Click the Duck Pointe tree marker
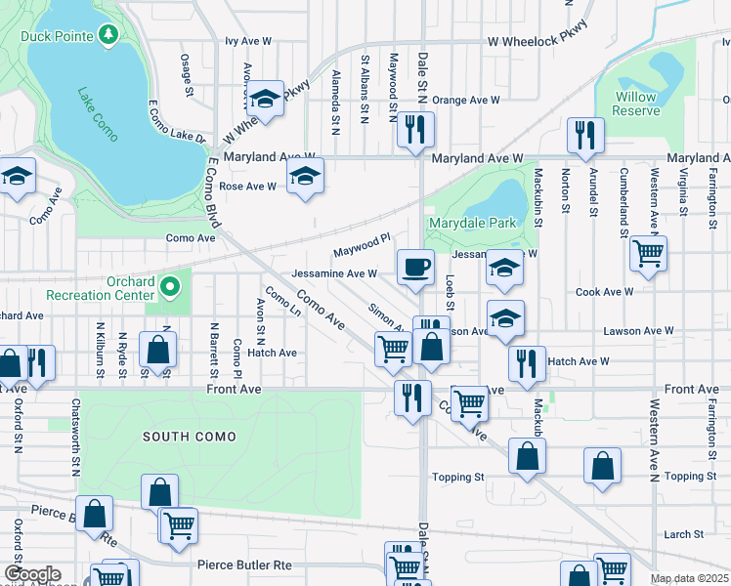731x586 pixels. click(x=108, y=36)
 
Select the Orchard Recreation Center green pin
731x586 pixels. click(x=170, y=286)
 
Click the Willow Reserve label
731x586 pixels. click(x=635, y=104)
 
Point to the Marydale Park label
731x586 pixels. click(x=471, y=223)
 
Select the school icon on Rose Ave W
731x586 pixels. click(x=305, y=177)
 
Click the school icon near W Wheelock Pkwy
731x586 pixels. click(x=264, y=98)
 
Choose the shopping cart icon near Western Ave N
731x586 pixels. click(x=648, y=254)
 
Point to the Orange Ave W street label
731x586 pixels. click(x=465, y=100)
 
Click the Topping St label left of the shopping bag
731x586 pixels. click(x=458, y=478)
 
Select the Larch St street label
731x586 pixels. click(x=683, y=534)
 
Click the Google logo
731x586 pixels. click(x=32, y=574)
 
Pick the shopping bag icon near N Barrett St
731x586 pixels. click(x=157, y=350)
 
